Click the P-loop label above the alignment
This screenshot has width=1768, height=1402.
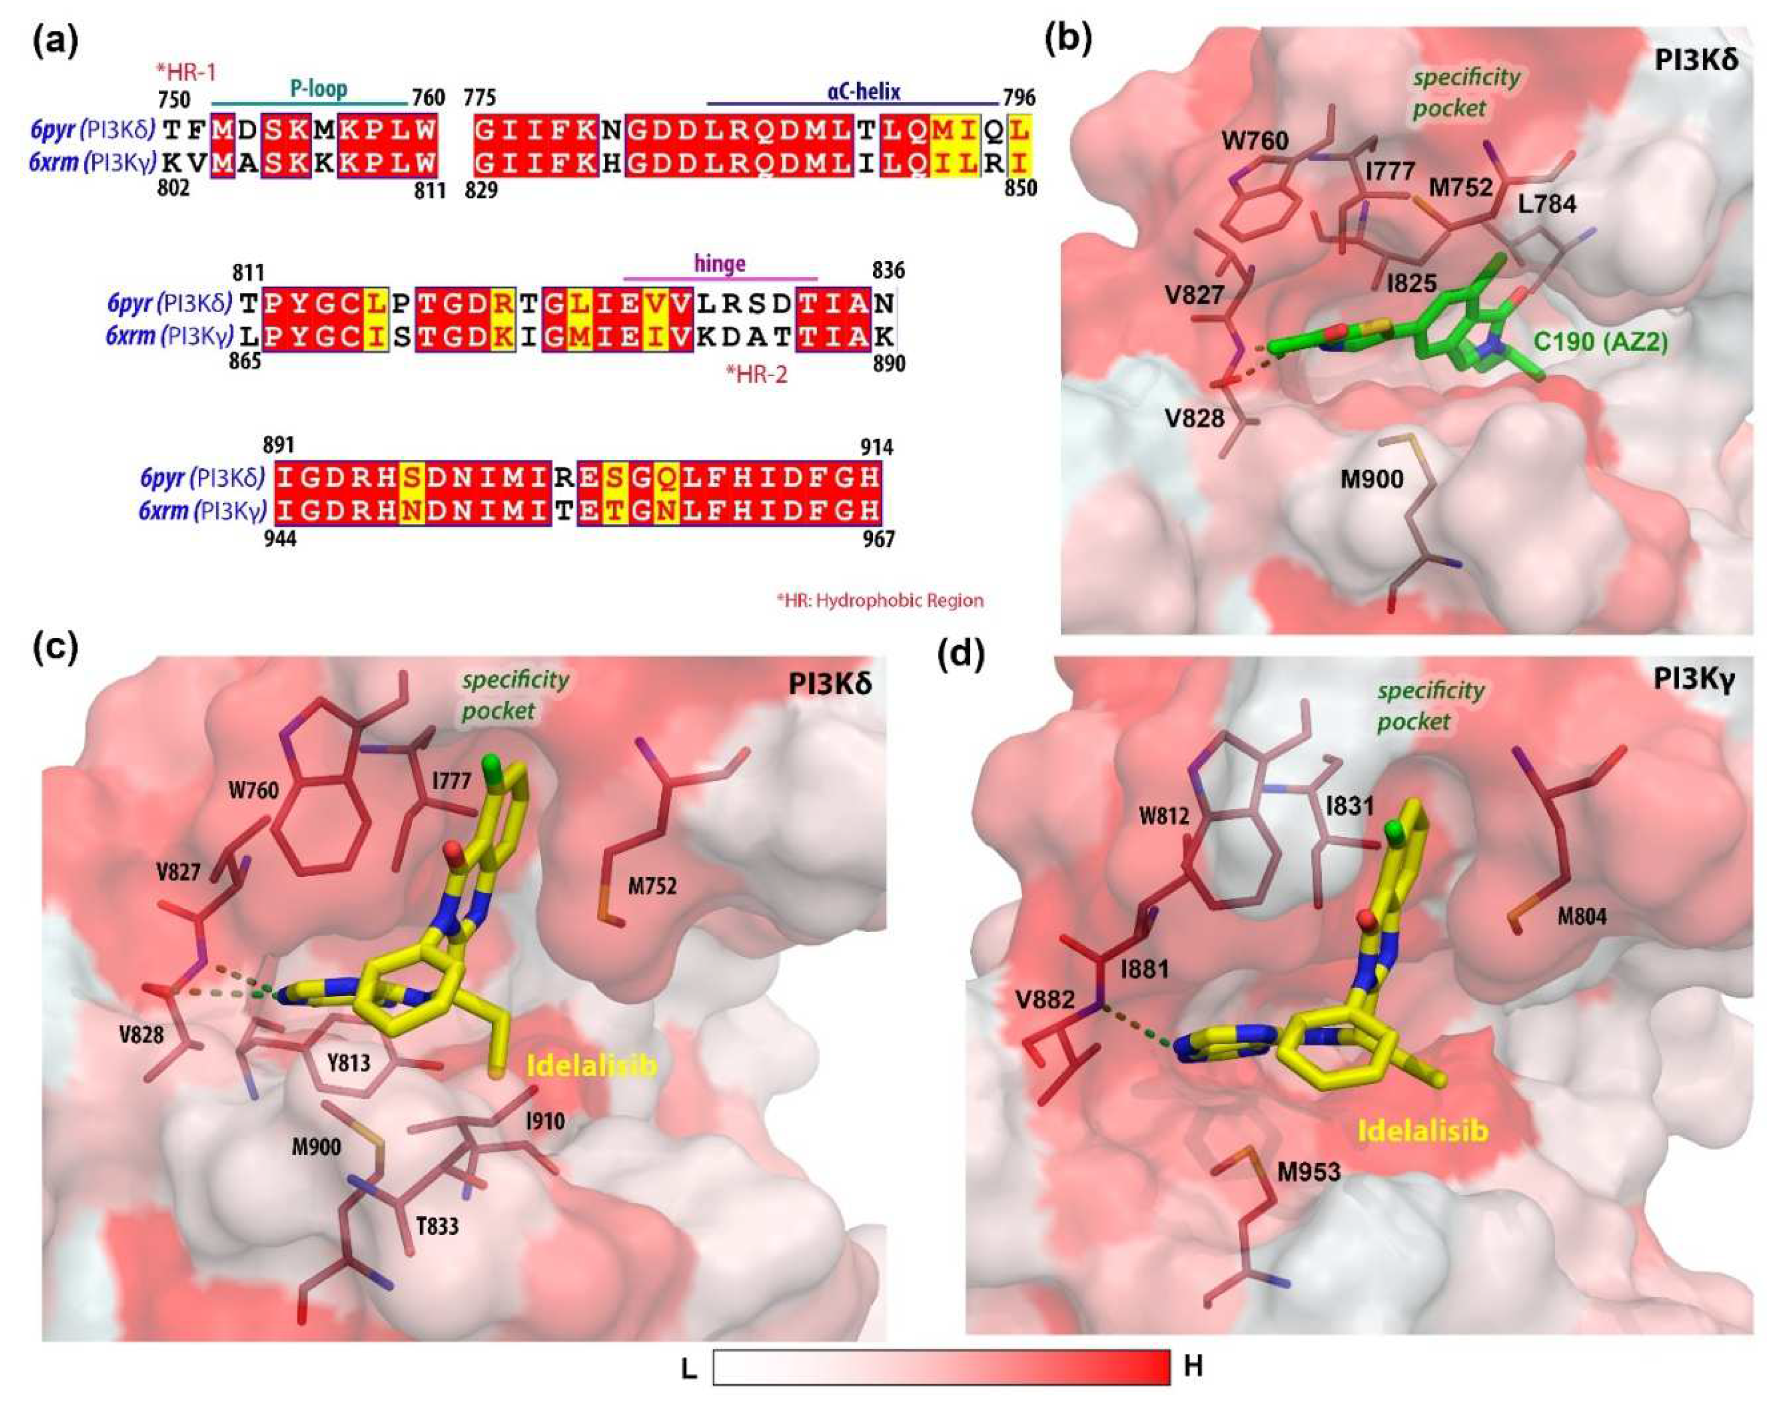pyautogui.click(x=318, y=88)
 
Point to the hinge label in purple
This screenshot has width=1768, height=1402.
pyautogui.click(x=719, y=263)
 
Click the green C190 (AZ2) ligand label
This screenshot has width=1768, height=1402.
pyautogui.click(x=1600, y=341)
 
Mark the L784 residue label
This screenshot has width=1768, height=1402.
pyautogui.click(x=1547, y=203)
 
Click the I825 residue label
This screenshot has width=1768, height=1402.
pyautogui.click(x=1411, y=283)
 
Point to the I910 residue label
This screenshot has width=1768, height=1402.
pyautogui.click(x=544, y=1120)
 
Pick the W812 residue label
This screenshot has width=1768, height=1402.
pyautogui.click(x=1164, y=816)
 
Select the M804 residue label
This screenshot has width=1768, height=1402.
pyautogui.click(x=1582, y=915)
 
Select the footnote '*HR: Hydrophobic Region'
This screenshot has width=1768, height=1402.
pyautogui.click(x=880, y=600)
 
